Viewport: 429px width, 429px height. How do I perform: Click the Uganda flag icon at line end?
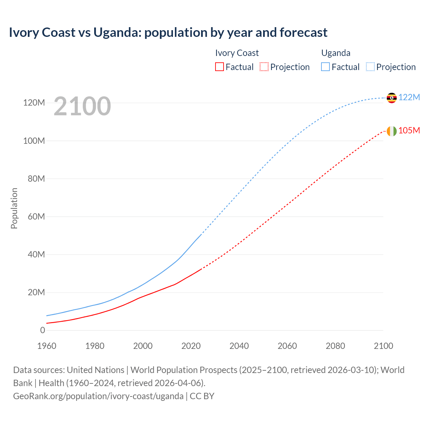coord(391,98)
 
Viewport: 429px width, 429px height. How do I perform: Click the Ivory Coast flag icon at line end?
coord(391,131)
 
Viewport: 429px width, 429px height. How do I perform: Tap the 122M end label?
coord(409,97)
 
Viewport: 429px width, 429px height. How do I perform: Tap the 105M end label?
coord(409,130)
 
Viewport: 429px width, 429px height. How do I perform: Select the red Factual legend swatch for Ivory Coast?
coord(219,67)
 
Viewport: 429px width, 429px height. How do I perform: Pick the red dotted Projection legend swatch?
coord(264,67)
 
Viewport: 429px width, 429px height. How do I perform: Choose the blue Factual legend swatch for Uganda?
coord(325,67)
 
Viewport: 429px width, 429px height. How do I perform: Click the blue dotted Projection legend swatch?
coord(370,67)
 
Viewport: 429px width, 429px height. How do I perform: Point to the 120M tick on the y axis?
coord(34,103)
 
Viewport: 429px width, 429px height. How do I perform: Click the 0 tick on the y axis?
coord(43,330)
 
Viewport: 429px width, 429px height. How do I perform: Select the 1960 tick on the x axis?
coord(47,346)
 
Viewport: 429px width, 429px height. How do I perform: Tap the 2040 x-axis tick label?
coord(239,346)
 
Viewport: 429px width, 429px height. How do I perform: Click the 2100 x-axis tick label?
coord(383,346)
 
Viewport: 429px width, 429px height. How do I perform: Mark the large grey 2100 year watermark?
coord(82,106)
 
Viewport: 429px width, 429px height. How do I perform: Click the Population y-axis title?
coord(14,208)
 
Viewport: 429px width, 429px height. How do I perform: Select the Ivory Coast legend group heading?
coord(237,53)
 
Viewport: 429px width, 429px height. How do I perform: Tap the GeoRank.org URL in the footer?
coord(98,396)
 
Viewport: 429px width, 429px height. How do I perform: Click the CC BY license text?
coord(202,396)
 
